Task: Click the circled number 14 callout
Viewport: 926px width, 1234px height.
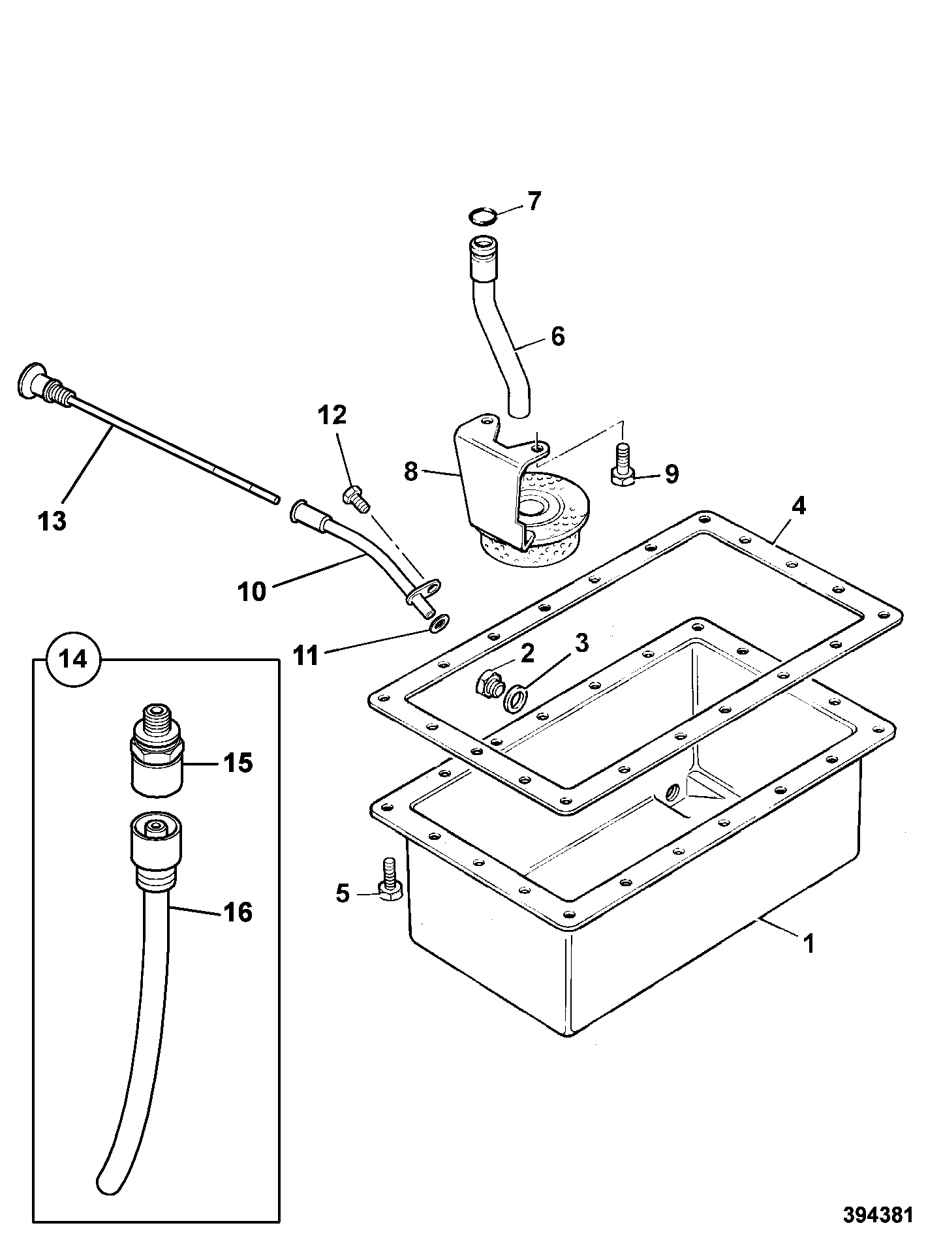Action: [x=74, y=659]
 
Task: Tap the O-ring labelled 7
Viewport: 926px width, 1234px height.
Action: [x=484, y=215]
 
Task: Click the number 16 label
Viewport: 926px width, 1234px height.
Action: [x=238, y=912]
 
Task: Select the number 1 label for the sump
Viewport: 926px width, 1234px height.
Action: [x=809, y=944]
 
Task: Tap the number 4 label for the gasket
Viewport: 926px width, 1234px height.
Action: [x=798, y=506]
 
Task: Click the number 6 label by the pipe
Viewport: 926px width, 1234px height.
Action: [x=557, y=336]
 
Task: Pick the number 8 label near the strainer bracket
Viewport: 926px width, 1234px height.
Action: [x=410, y=471]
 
